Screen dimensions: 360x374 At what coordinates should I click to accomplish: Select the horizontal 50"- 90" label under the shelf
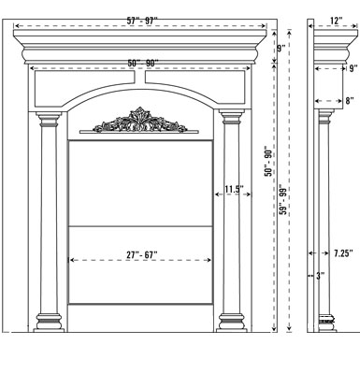pyautogui.click(x=143, y=62)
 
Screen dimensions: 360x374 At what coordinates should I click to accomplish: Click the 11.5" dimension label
pyautogui.click(x=234, y=191)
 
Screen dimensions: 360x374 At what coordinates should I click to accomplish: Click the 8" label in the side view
pyautogui.click(x=349, y=100)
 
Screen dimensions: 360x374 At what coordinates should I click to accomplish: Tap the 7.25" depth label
pyautogui.click(x=342, y=252)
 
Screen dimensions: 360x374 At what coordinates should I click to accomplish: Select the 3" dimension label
pyautogui.click(x=320, y=277)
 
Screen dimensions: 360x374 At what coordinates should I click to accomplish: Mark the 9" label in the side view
pyautogui.click(x=353, y=68)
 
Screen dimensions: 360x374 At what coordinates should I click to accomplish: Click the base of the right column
pyautogui.click(x=232, y=321)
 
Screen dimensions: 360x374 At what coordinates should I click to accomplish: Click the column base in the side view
pyautogui.click(x=326, y=319)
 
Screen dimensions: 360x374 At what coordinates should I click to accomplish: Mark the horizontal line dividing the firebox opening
pyautogui.click(x=143, y=224)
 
